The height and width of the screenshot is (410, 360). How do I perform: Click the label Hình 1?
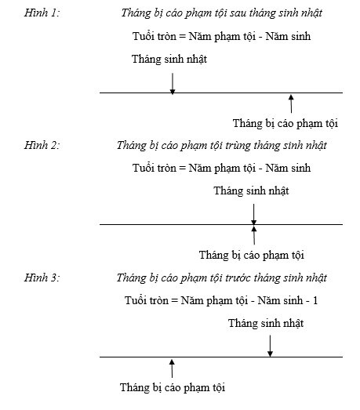(x=42, y=13)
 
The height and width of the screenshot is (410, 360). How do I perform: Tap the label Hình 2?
(x=42, y=145)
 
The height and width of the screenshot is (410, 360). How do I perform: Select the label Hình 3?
(x=42, y=278)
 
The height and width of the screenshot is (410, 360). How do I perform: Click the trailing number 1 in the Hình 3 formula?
(x=315, y=300)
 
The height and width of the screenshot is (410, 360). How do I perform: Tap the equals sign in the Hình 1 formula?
(x=183, y=36)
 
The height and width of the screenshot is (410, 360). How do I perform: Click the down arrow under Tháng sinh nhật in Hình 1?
(x=173, y=84)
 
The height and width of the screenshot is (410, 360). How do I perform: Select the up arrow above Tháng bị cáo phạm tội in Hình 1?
(x=291, y=103)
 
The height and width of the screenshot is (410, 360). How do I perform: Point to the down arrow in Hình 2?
(x=254, y=215)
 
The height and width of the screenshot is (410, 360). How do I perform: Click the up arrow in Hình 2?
(x=254, y=235)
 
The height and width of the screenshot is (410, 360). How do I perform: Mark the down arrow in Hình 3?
(x=271, y=346)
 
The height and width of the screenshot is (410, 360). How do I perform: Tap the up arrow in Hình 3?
(x=172, y=368)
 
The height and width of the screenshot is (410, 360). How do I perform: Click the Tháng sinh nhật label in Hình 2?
(x=251, y=190)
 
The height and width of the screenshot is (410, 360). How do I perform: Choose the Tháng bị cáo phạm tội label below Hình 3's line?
(x=173, y=387)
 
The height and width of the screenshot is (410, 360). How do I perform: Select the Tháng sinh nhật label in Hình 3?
(x=266, y=323)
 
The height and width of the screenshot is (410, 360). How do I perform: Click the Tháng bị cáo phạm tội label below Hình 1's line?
(x=285, y=123)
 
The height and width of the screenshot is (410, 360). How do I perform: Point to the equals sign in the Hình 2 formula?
(x=183, y=168)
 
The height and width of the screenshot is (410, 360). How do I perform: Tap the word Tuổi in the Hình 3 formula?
(x=133, y=300)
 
